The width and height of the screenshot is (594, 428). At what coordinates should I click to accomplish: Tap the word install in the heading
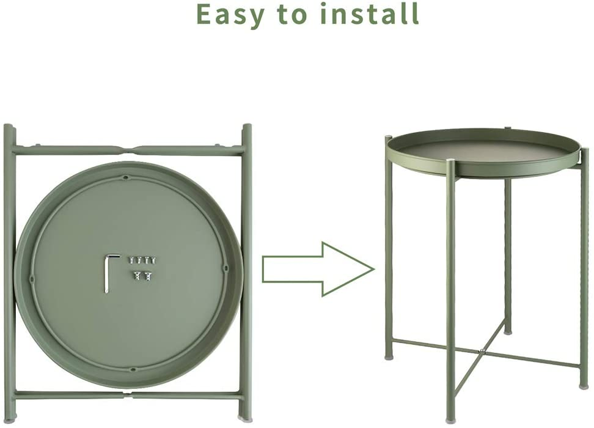click(x=370, y=13)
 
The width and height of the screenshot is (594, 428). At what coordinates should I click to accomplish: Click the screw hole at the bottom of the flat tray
click(x=132, y=369)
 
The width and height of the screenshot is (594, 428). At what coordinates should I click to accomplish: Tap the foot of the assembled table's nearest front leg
click(x=450, y=419)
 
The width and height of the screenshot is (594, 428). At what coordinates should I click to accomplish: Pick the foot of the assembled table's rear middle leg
click(x=507, y=332)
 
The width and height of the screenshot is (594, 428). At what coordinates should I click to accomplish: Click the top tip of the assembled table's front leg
click(x=450, y=162)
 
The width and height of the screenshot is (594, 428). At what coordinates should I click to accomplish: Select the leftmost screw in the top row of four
click(x=130, y=260)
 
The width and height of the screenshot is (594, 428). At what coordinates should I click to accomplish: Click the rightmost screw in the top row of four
click(x=153, y=260)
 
